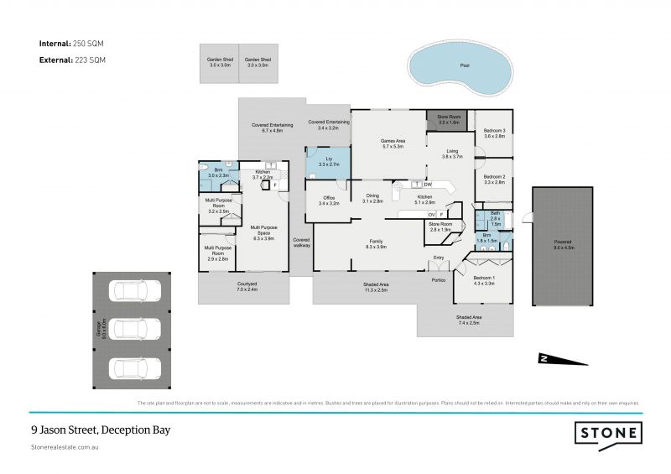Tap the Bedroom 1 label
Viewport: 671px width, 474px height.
point(483,279)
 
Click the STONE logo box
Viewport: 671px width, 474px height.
point(609,434)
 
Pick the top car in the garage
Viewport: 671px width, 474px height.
point(135,291)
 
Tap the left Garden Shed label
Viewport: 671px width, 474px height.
point(219,62)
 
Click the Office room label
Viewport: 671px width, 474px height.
point(329,201)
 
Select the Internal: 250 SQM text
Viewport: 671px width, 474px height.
point(71,42)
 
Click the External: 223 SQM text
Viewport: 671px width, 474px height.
point(72,60)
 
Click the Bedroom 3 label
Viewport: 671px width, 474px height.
point(494,133)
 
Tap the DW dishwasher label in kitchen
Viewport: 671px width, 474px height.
point(428,184)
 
